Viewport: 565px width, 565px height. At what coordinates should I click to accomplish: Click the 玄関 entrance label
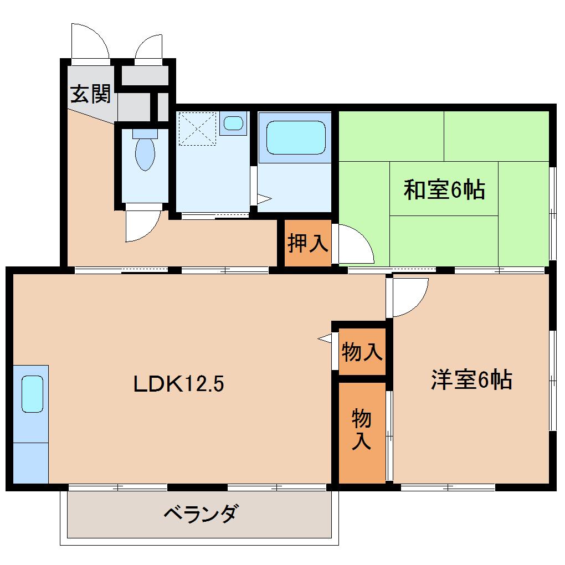click(90, 94)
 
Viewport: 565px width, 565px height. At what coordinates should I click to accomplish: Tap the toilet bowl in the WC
click(145, 152)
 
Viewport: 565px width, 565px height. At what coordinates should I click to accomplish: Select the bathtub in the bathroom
click(295, 137)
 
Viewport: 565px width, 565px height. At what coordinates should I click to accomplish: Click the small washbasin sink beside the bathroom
click(233, 122)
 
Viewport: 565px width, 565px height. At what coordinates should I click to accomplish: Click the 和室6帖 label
click(444, 190)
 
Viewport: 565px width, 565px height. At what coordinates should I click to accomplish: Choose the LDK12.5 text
click(178, 383)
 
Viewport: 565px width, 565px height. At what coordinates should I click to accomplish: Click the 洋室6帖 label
click(471, 380)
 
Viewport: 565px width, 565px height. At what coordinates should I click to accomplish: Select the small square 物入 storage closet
click(362, 351)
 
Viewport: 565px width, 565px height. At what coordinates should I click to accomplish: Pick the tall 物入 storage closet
click(362, 430)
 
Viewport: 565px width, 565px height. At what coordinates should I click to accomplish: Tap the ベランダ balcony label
click(201, 513)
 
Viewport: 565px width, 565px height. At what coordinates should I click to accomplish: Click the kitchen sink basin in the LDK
click(32, 394)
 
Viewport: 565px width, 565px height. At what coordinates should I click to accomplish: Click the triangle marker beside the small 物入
click(325, 337)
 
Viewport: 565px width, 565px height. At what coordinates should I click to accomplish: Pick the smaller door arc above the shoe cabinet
click(148, 48)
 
